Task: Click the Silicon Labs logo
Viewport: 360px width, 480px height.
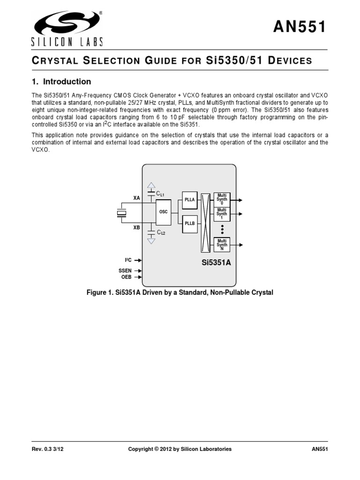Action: [66, 28]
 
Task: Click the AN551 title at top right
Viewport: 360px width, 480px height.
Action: [299, 28]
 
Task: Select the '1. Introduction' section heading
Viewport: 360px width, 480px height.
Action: [61, 82]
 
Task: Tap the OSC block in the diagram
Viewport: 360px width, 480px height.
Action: [164, 212]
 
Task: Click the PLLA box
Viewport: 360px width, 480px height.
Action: [189, 200]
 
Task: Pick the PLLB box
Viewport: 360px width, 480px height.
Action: [189, 224]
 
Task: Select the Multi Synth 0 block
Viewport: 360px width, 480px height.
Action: [222, 199]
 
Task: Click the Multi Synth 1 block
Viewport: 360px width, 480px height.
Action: [222, 214]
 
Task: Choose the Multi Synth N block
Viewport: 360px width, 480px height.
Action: [222, 245]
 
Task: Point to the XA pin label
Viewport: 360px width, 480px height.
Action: [137, 198]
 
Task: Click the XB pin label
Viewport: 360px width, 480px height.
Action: [137, 228]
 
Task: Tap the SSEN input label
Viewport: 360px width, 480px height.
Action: [126, 270]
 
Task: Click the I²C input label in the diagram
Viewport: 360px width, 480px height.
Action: [128, 260]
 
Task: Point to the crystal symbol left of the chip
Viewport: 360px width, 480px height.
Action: [122, 213]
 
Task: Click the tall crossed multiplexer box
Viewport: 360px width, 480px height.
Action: [205, 223]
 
